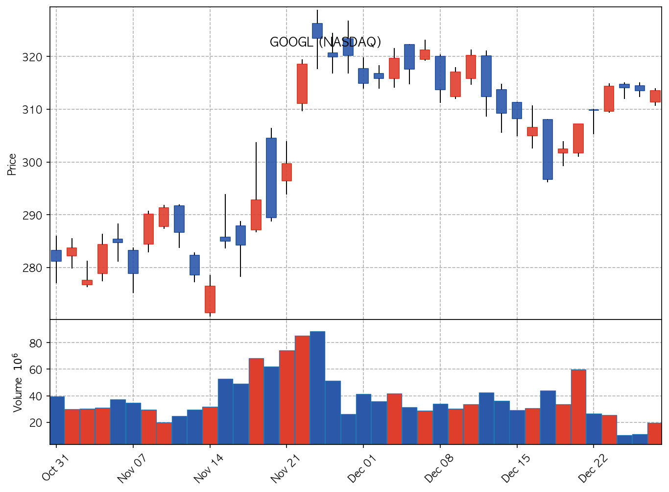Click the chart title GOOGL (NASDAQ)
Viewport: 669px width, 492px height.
coord(325,42)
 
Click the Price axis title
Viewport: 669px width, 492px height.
coord(12,164)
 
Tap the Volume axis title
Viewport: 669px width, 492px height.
coord(17,382)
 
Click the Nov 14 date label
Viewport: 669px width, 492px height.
coord(208,469)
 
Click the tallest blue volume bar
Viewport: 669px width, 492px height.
coord(317,387)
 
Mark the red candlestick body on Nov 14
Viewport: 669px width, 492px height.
coord(210,299)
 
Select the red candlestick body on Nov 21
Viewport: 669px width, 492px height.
coord(287,172)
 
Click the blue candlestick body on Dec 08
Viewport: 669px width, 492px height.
coord(440,73)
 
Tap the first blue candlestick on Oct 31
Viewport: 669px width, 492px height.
coord(56,255)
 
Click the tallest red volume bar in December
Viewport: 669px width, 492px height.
coord(578,407)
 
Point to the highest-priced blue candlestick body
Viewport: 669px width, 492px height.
coord(317,30)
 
